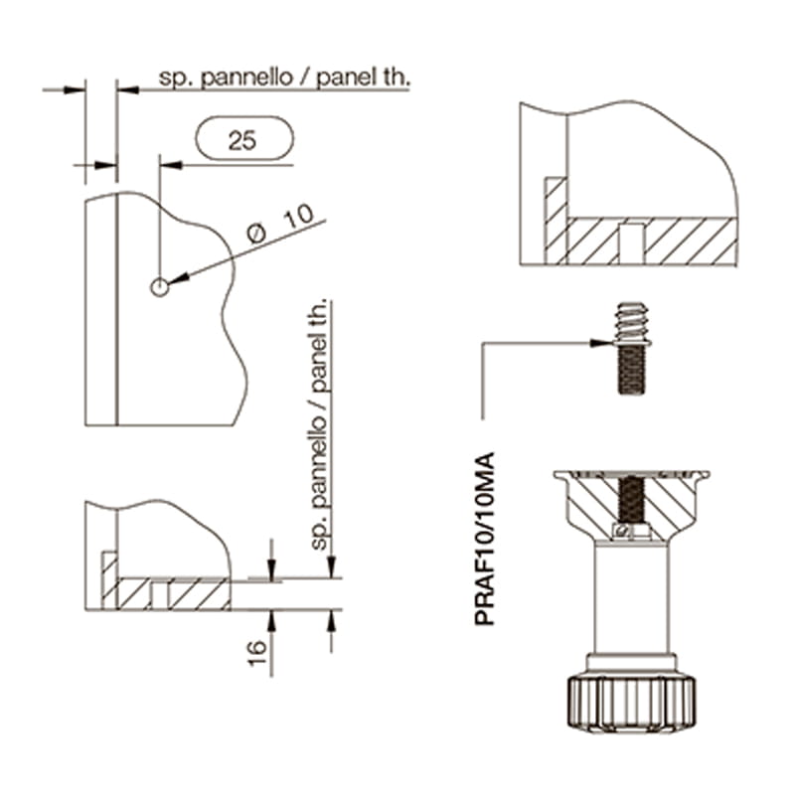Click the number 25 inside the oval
(x=241, y=140)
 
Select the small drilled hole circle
(x=159, y=287)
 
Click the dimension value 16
(x=257, y=653)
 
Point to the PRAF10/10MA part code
(x=484, y=539)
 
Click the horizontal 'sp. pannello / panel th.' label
(x=284, y=78)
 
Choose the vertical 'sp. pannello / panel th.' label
(x=319, y=425)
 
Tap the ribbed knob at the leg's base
(x=631, y=704)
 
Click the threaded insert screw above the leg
(x=632, y=349)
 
